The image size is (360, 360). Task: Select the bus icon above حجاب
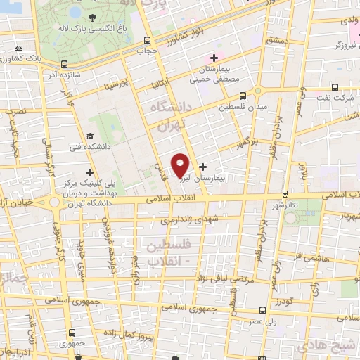pyautogui.click(x=147, y=40)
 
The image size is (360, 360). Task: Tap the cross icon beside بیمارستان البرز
pyautogui.click(x=203, y=167)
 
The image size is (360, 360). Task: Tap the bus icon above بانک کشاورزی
pyautogui.click(x=18, y=47)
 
